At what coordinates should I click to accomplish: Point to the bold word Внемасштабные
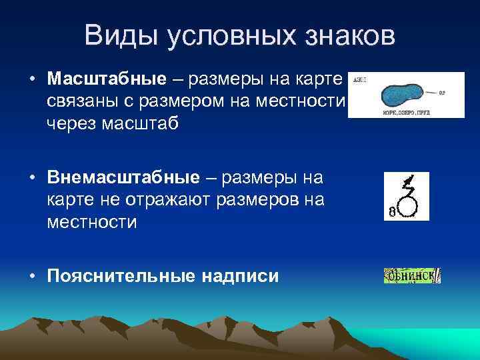tap(123, 177)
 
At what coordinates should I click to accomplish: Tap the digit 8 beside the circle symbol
tap(392, 212)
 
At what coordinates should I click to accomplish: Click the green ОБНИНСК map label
tap(412, 275)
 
